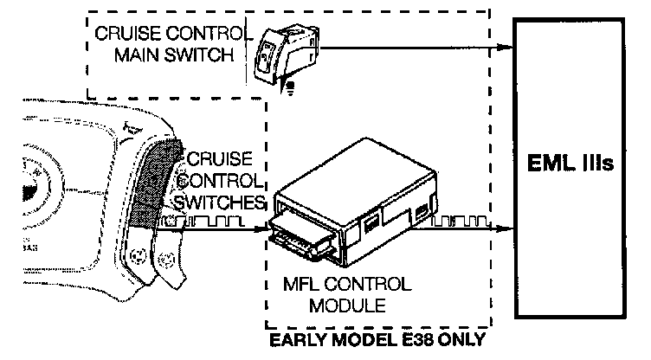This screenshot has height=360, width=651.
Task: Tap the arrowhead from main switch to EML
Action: tap(507, 48)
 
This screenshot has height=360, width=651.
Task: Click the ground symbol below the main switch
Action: tap(288, 84)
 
